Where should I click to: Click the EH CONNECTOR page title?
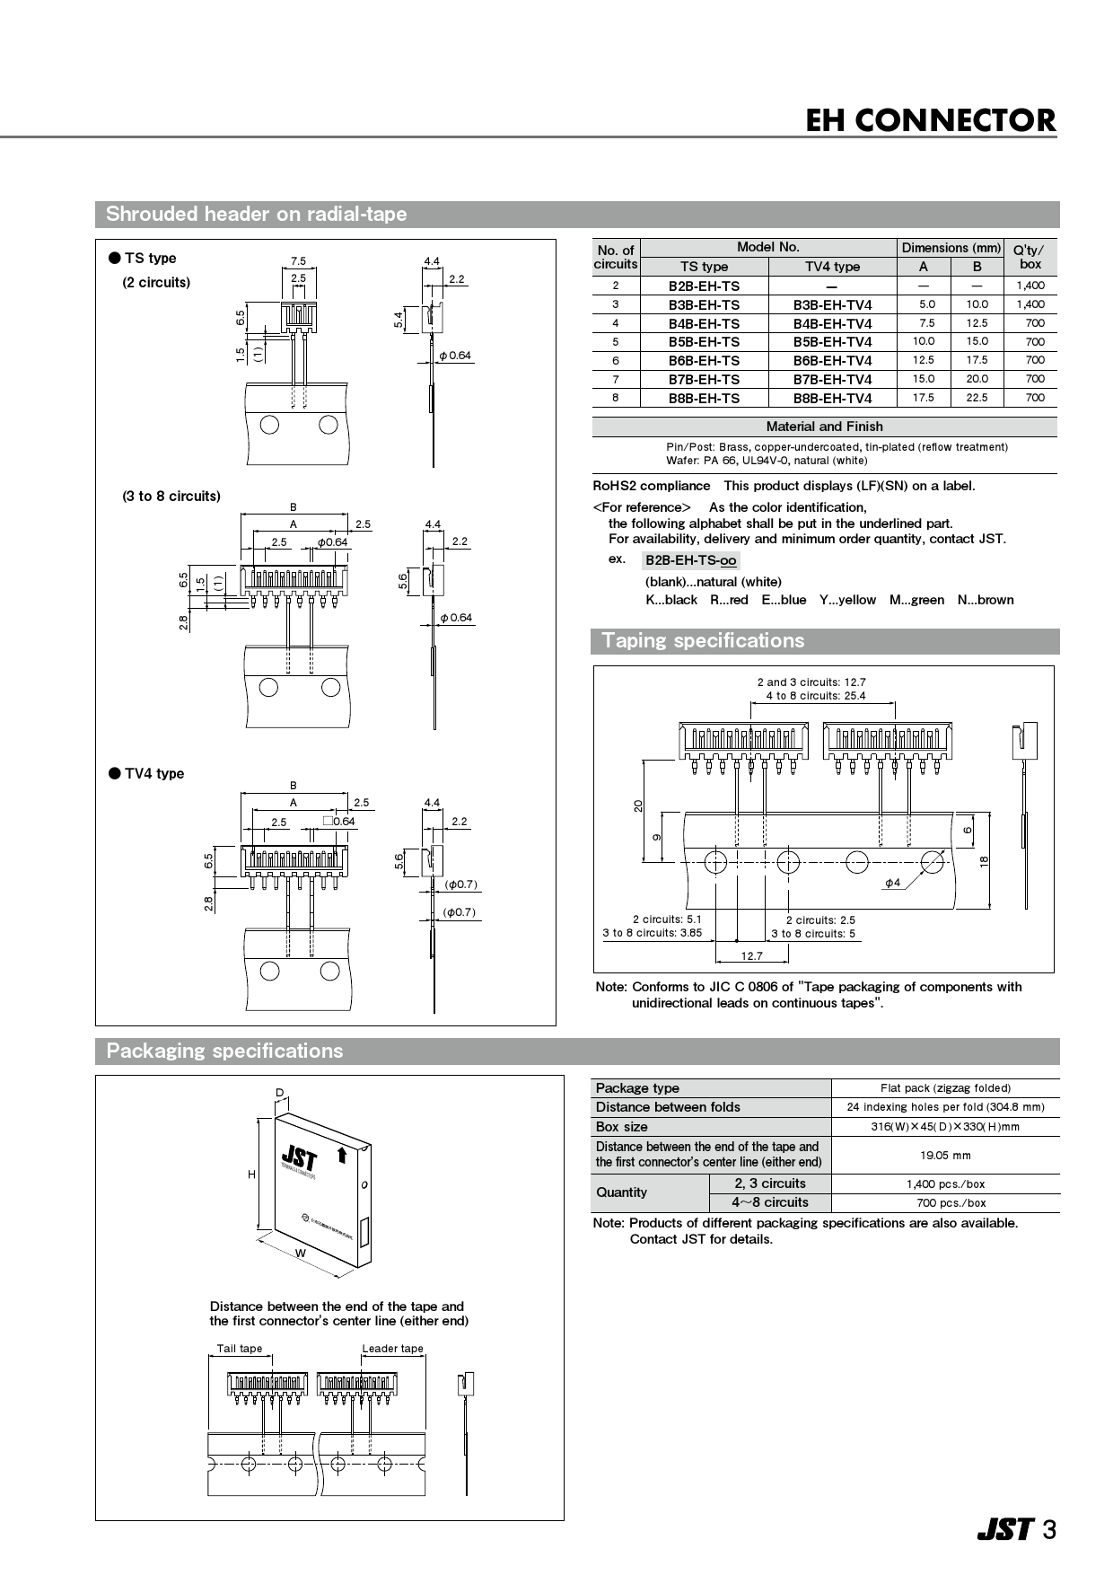(930, 120)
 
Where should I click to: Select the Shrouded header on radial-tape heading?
(256, 215)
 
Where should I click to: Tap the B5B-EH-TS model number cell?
(704, 342)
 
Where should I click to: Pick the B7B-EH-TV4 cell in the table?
(832, 380)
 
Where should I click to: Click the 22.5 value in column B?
(977, 398)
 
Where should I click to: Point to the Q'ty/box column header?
(1030, 257)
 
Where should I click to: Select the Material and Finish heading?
(824, 427)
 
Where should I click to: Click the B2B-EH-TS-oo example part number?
(690, 560)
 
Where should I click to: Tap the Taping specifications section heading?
(703, 641)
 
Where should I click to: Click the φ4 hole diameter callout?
(892, 884)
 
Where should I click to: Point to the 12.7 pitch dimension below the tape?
(751, 956)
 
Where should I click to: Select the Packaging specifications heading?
(224, 1051)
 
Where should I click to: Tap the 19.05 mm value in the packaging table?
(945, 1156)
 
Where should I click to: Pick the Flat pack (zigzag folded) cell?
(945, 1088)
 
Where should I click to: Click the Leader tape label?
(392, 1349)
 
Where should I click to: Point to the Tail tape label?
(240, 1349)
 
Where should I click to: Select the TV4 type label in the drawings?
(153, 774)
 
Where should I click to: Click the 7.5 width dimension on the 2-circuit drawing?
(298, 261)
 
